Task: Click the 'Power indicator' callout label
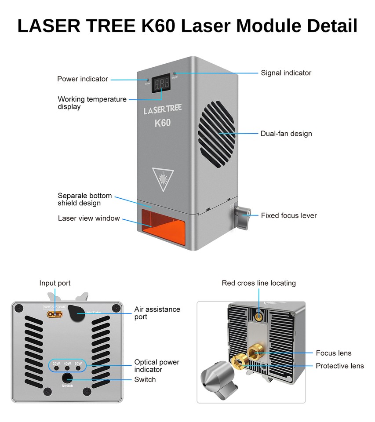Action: pos(82,79)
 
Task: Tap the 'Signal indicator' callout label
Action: pos(286,73)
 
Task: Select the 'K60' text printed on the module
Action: pos(162,123)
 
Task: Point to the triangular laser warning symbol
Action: pos(163,178)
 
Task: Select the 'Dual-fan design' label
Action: pos(286,134)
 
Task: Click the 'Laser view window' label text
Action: pos(89,218)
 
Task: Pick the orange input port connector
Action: pos(56,314)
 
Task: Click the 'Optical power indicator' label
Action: pos(157,366)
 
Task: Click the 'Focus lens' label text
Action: pos(333,353)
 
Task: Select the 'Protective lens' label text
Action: pos(339,366)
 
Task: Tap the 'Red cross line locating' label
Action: pos(258,283)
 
